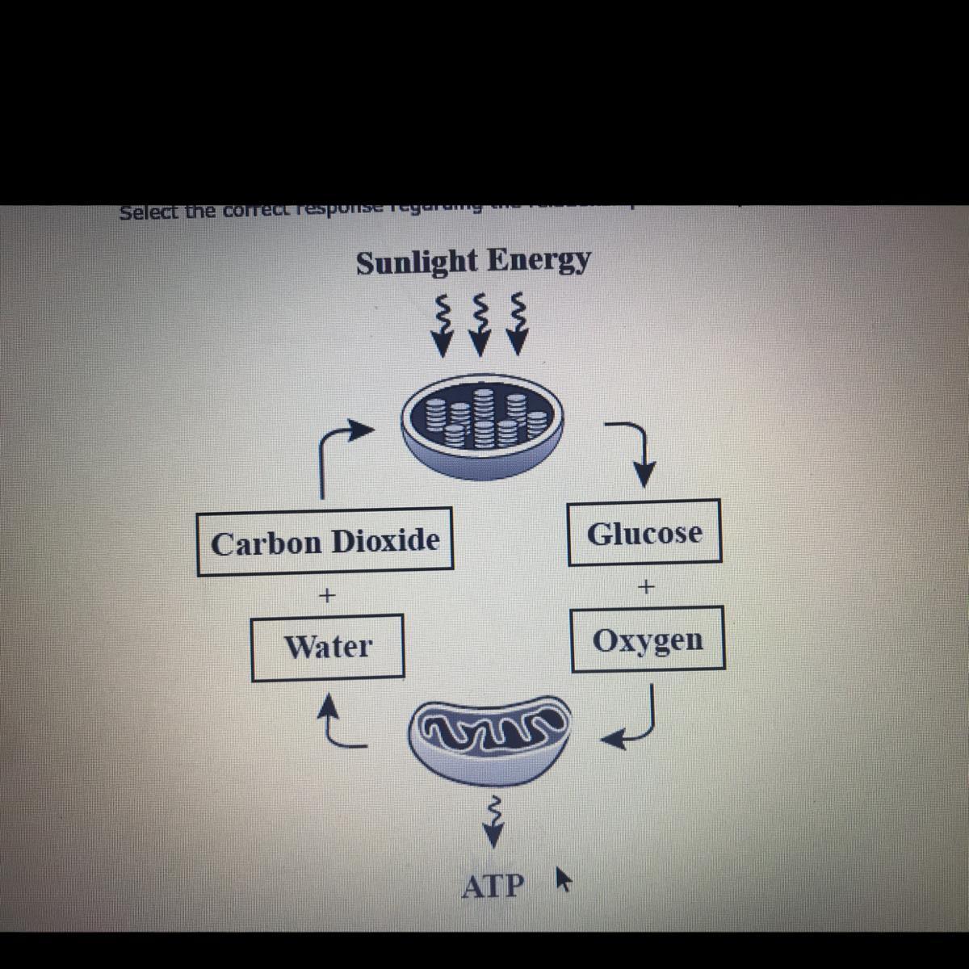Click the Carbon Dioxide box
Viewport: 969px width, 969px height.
click(x=325, y=541)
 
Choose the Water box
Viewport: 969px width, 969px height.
click(x=328, y=647)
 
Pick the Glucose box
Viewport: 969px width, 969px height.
click(x=644, y=533)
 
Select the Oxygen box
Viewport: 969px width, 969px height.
click(x=648, y=640)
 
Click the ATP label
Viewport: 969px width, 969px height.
click(x=493, y=886)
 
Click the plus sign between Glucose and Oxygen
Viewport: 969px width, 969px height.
click(x=645, y=586)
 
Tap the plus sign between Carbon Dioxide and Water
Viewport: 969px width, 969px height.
click(x=326, y=596)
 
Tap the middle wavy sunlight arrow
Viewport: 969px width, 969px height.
click(x=480, y=324)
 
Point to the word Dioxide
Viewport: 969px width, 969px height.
click(x=385, y=541)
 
